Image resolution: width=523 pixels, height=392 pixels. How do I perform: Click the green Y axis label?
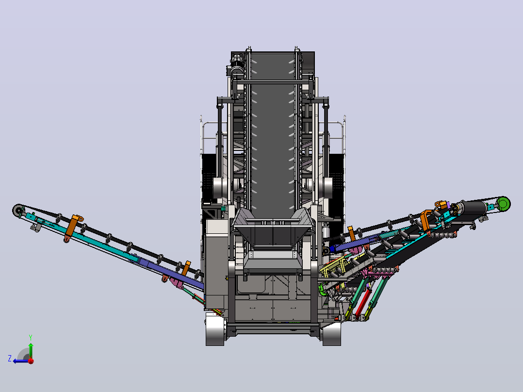31,337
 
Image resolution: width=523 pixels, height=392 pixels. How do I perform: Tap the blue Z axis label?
10,359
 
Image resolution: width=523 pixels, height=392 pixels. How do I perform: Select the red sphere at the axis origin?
31,361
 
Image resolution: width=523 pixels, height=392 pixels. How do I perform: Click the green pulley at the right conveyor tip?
503,203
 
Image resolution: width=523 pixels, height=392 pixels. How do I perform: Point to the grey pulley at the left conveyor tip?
18,211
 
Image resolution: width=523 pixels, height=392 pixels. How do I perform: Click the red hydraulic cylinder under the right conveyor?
362,303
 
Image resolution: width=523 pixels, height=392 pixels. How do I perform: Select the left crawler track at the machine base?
215,330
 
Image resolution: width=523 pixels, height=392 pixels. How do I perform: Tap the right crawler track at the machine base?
331,334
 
